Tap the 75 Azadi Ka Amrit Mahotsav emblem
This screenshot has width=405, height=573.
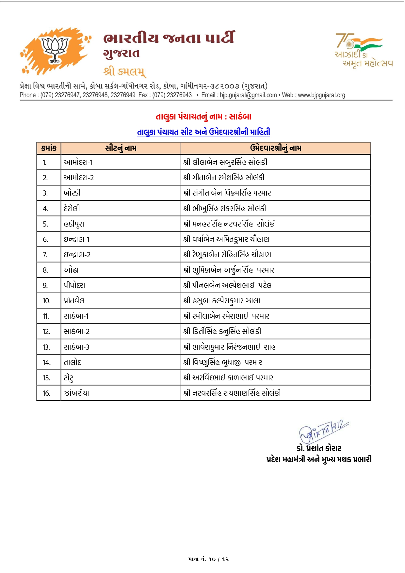point(363,50)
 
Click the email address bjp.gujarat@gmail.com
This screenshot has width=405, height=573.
point(248,95)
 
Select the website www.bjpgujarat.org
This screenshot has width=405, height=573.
point(321,95)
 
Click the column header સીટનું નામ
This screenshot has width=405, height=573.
point(121,148)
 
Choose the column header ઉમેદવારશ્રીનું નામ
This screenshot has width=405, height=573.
point(275,148)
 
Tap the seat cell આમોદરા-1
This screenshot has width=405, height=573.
point(78,162)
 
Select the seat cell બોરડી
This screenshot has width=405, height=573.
point(72,193)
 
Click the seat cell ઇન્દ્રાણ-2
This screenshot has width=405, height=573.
point(77,255)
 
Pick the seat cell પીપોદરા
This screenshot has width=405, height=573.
point(74,285)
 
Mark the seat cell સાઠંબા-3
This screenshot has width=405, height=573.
point(76,347)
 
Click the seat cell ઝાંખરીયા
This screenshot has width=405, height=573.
point(77,393)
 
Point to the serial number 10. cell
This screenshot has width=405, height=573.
point(46,301)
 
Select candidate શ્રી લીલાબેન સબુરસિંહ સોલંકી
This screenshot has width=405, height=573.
point(225,162)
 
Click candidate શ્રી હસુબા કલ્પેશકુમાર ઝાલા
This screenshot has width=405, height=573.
point(222,301)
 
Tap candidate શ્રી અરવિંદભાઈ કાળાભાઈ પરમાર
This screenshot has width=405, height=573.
point(228,378)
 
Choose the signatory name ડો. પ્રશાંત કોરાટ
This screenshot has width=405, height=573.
point(319,448)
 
